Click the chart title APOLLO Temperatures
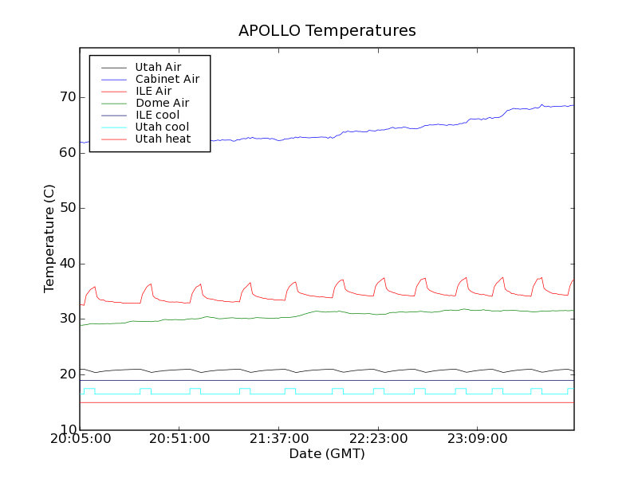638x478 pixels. pyautogui.click(x=327, y=31)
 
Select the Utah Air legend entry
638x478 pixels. pyautogui.click(x=158, y=67)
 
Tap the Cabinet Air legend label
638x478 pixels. pyautogui.click(x=167, y=79)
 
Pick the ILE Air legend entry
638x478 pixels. pyautogui.click(x=153, y=91)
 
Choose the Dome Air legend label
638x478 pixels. pyautogui.click(x=162, y=103)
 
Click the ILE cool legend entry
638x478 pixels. pyautogui.click(x=157, y=115)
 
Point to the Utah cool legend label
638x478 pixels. pyautogui.click(x=162, y=127)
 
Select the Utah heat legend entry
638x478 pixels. pyautogui.click(x=162, y=139)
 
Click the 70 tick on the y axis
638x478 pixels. pyautogui.click(x=67, y=97)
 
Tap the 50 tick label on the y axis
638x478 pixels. pyautogui.click(x=67, y=208)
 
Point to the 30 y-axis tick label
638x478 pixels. pyautogui.click(x=67, y=319)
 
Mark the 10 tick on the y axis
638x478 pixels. pyautogui.click(x=67, y=430)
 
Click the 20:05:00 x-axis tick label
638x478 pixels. pyautogui.click(x=80, y=439)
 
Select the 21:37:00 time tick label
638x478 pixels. pyautogui.click(x=278, y=439)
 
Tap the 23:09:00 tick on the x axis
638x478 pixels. pyautogui.click(x=476, y=439)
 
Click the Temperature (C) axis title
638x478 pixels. pyautogui.click(x=49, y=238)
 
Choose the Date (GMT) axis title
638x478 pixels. pyautogui.click(x=327, y=454)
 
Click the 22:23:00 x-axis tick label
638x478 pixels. pyautogui.click(x=377, y=439)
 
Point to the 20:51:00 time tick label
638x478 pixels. pyautogui.click(x=179, y=439)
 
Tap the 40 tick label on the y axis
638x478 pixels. pyautogui.click(x=67, y=264)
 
